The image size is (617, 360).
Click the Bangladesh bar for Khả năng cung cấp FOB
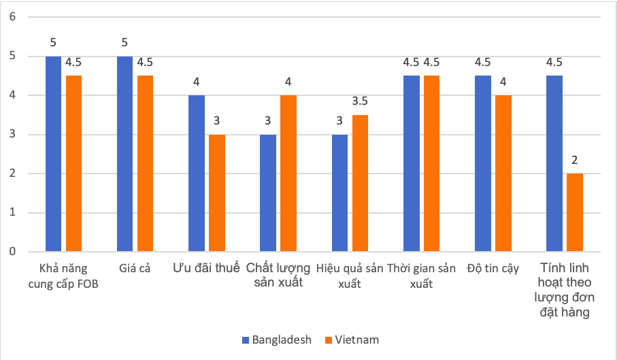coord(53,154)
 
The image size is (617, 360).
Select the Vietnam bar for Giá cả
coord(145,163)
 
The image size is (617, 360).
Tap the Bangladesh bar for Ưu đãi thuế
coord(196,174)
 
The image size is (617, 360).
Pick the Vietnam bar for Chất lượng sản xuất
coord(288,174)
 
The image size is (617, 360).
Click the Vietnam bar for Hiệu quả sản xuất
coord(360,183)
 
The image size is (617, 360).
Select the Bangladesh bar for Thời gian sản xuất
coord(411,163)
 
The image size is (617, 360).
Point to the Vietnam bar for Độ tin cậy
coord(503,174)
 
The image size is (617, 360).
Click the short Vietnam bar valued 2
coord(575,212)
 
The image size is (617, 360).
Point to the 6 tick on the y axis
coord(12,16)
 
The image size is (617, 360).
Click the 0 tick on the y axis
coord(12,252)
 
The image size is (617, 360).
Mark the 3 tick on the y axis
coord(12,134)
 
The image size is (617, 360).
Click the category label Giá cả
coord(133,269)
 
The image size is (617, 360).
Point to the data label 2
coord(575,161)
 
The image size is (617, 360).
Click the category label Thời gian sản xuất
coord(421,276)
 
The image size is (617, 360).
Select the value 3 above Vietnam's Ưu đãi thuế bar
coord(216,121)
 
